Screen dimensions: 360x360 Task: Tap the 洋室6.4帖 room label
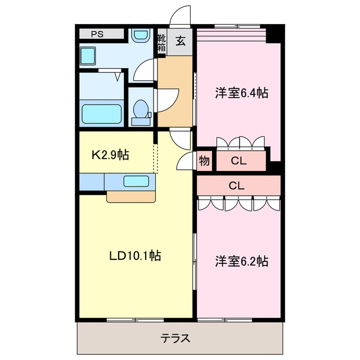tap(241, 93)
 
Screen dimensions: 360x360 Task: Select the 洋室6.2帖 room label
tap(241, 261)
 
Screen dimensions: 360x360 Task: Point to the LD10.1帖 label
tap(135, 256)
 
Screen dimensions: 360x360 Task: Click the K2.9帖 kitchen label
tap(110, 155)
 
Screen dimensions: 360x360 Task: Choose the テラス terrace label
tap(175, 339)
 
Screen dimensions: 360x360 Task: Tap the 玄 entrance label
tap(181, 40)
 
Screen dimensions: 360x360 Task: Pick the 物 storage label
tap(204, 161)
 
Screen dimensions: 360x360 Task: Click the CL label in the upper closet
tap(238, 161)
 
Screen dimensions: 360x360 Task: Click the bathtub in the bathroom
tap(102, 114)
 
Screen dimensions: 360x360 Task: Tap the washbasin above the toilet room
tap(139, 35)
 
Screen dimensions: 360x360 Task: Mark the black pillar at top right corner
tap(274, 34)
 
